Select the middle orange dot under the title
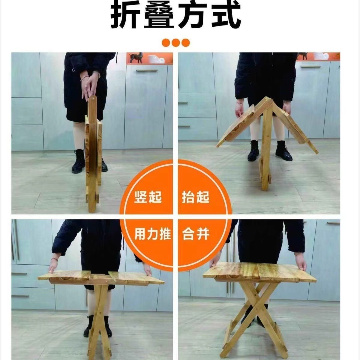pos(176,42)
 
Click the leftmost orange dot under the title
pos(166,42)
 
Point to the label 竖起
pos(148,198)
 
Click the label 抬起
pos(196,198)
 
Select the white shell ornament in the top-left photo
pos(156,59)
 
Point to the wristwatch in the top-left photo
pos(96,73)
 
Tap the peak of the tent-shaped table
pos(266,99)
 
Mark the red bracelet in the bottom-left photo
pos(54,259)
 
